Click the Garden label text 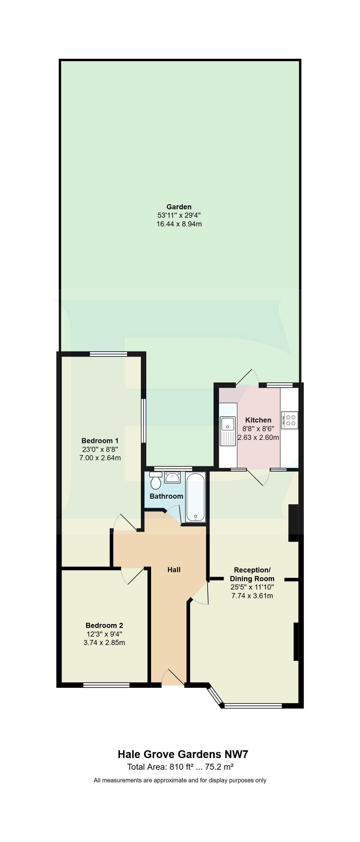(x=179, y=207)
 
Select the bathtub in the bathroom (x=195, y=497)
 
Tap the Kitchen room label (x=258, y=420)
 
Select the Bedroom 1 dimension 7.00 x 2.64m (x=100, y=458)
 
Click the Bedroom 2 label (x=104, y=625)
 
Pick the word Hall (x=174, y=570)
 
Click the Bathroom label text (x=166, y=496)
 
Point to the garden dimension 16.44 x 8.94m (x=179, y=224)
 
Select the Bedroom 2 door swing (x=132, y=576)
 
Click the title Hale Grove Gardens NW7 (x=183, y=754)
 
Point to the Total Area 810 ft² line (x=180, y=767)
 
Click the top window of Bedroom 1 (x=109, y=354)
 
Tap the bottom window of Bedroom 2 (x=106, y=685)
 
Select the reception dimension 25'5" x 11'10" (x=252, y=587)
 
